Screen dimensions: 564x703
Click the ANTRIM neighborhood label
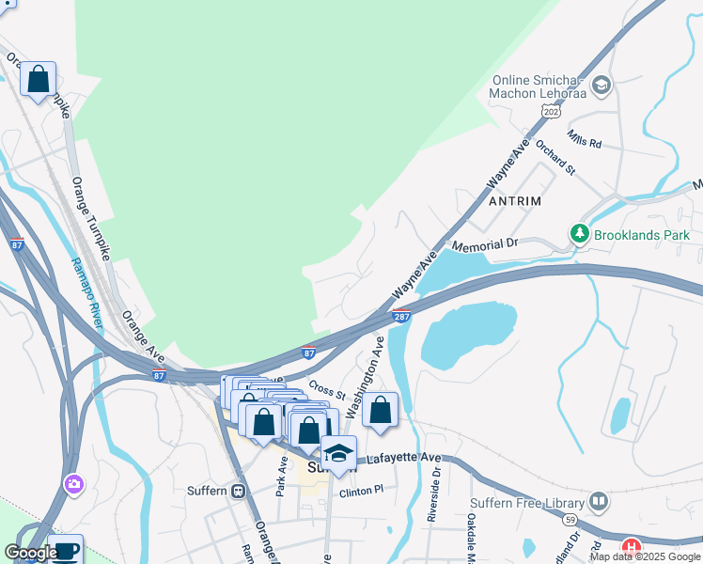coord(516,201)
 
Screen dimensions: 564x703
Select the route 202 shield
coord(552,111)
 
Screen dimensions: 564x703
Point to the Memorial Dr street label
coord(485,245)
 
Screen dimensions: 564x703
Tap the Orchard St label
coord(555,158)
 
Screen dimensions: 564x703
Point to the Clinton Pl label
coord(362,491)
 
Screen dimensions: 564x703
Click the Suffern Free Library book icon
coord(598,502)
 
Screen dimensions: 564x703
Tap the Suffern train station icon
coord(239,491)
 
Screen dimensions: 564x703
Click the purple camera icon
coord(73,484)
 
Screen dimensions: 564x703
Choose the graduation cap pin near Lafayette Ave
coord(338,453)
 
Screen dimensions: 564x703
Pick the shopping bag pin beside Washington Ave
coord(381,411)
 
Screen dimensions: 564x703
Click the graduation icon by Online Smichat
coord(601,86)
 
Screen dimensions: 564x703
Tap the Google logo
coord(30,553)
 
